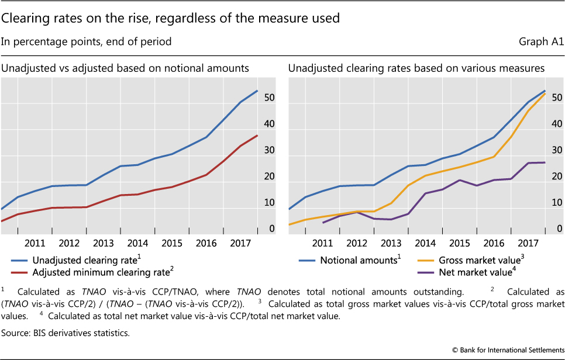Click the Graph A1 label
tap(541, 42)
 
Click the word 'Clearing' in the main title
tap(26, 18)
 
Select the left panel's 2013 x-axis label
tap(103, 243)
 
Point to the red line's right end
tap(257, 136)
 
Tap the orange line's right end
tap(545, 94)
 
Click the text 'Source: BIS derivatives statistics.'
tap(65, 333)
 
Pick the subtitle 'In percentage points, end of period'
tap(87, 42)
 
